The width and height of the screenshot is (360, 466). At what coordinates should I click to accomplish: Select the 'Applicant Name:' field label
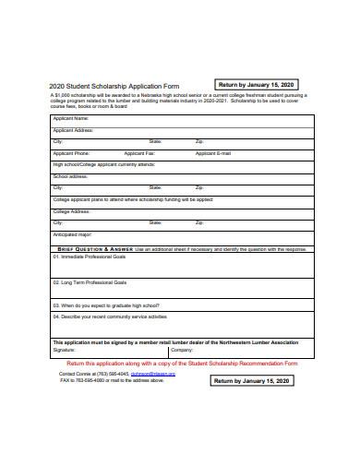pos(71,119)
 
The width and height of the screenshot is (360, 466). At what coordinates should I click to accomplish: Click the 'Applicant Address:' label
pos(74,130)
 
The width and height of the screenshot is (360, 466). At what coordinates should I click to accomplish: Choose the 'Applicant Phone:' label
pos(72,152)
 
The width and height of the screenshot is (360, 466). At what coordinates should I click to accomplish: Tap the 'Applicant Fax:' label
pos(139,152)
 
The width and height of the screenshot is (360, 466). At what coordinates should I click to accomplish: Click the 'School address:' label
pos(70,175)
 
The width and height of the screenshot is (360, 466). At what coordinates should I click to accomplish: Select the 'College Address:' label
pos(71,210)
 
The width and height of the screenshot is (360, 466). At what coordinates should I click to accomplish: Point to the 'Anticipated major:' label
pos(73,234)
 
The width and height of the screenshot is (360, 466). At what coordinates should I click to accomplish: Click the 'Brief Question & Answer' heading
pos(95,249)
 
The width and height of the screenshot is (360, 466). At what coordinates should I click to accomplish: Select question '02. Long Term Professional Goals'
pos(90,281)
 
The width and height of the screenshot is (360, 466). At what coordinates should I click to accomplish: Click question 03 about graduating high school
pos(103,305)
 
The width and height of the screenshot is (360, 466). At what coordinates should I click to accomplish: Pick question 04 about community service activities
pos(110,317)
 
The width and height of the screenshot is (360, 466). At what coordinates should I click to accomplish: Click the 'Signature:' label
pos(65,350)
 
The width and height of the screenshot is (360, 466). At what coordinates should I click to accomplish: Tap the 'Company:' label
pos(181,350)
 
